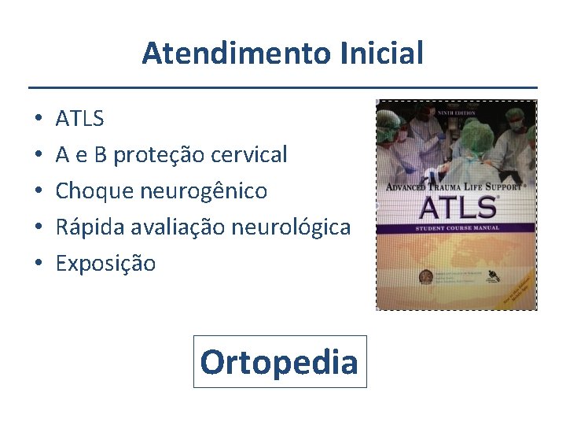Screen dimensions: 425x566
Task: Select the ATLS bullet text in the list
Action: tap(79, 119)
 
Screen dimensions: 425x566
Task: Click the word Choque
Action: tap(94, 191)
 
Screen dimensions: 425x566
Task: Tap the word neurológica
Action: tap(292, 227)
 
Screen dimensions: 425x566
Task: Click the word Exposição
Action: tap(105, 264)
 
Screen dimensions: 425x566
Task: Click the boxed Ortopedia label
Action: tap(280, 362)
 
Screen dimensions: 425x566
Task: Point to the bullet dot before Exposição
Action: tap(38, 264)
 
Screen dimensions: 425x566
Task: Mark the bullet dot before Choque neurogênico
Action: tap(38, 191)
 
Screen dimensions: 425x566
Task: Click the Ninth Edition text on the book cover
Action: tap(458, 112)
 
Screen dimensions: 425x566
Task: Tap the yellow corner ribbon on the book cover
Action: tap(515, 289)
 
